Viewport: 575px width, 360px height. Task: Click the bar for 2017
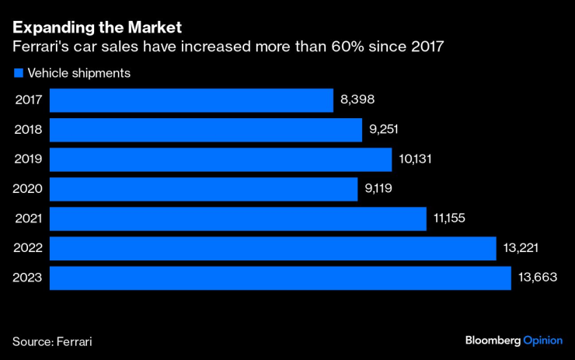pyautogui.click(x=192, y=100)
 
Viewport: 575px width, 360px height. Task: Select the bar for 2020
pyautogui.click(x=204, y=189)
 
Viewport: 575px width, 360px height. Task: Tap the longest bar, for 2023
pyautogui.click(x=281, y=278)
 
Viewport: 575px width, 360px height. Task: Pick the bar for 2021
pyautogui.click(x=239, y=218)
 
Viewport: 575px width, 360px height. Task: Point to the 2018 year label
pyautogui.click(x=28, y=130)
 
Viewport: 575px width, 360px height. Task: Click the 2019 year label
pyautogui.click(x=28, y=159)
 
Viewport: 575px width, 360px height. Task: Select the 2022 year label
pyautogui.click(x=28, y=248)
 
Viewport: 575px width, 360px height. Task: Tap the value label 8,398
pyautogui.click(x=358, y=100)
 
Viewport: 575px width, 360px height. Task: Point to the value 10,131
pyautogui.click(x=415, y=159)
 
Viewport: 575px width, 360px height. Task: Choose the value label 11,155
pyautogui.click(x=451, y=218)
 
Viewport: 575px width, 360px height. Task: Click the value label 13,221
pyautogui.click(x=521, y=248)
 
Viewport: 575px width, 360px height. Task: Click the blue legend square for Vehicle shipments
pyautogui.click(x=17, y=73)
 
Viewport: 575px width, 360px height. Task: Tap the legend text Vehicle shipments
pyautogui.click(x=78, y=73)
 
